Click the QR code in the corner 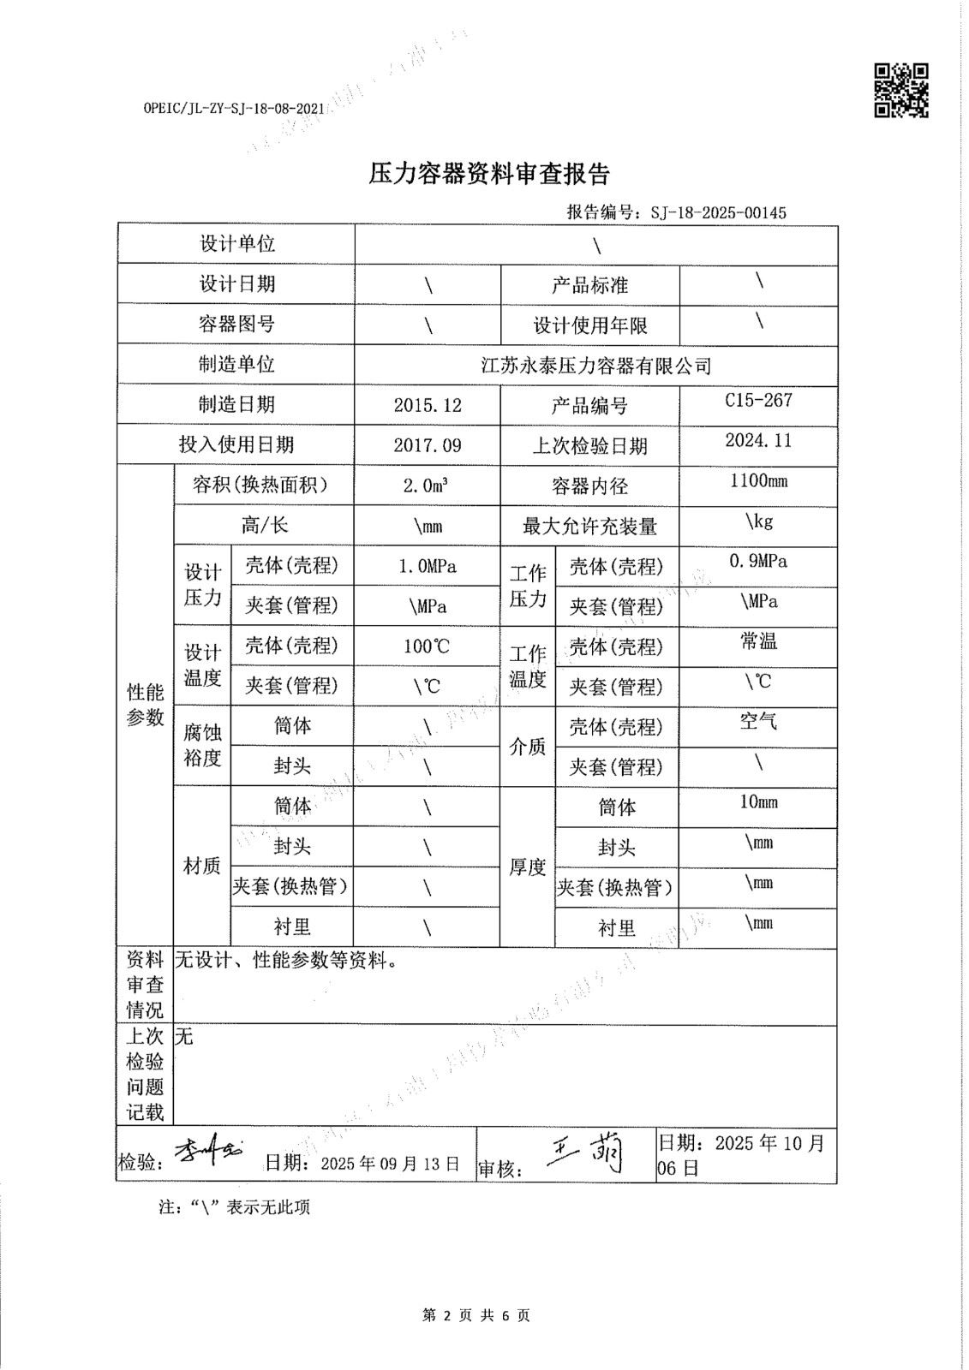click(900, 90)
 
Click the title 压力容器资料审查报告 click(488, 175)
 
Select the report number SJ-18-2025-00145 click(718, 212)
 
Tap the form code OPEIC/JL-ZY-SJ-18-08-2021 click(236, 109)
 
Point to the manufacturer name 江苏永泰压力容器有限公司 click(596, 366)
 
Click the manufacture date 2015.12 click(428, 405)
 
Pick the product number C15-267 click(758, 400)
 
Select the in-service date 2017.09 click(428, 445)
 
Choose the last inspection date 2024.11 click(758, 440)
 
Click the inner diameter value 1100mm click(758, 480)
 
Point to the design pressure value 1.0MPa click(428, 566)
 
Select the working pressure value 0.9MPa click(758, 561)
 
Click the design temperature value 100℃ click(427, 646)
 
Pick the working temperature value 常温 click(758, 641)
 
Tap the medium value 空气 click(758, 722)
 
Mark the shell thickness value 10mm click(758, 802)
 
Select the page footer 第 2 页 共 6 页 click(476, 1315)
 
